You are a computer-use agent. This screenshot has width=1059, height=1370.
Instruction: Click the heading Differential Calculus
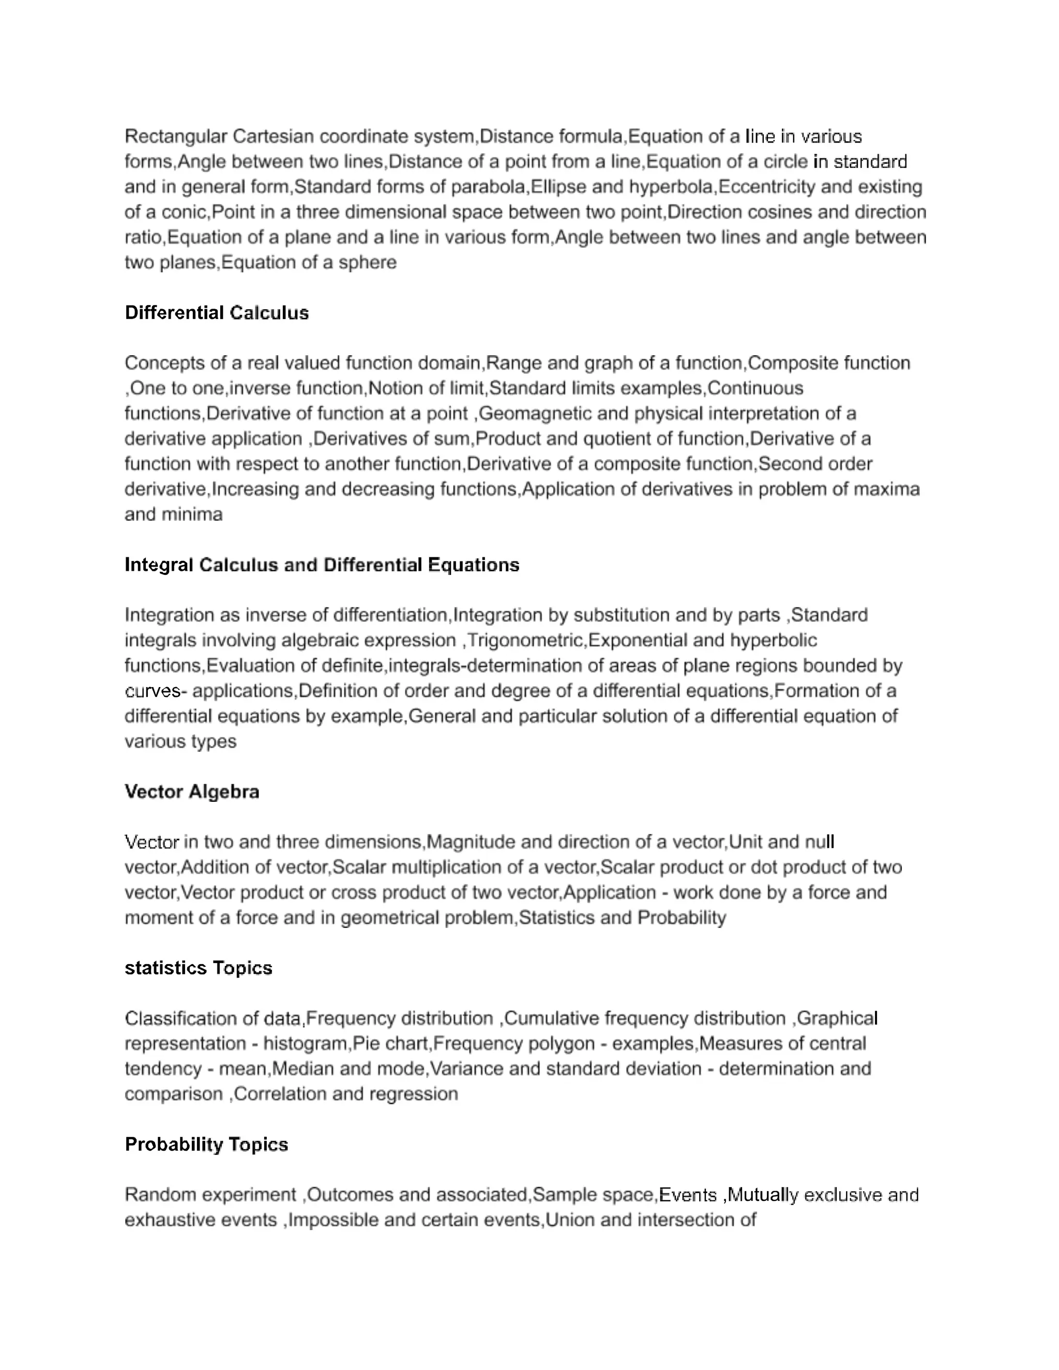pyautogui.click(x=217, y=312)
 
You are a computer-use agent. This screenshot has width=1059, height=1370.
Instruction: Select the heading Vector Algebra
pyautogui.click(x=192, y=791)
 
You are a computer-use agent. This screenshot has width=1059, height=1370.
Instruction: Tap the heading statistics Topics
pyautogui.click(x=198, y=968)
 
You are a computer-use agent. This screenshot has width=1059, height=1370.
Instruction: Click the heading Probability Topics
pyautogui.click(x=206, y=1144)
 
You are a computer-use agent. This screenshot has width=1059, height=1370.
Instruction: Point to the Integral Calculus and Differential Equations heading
pyautogui.click(x=322, y=565)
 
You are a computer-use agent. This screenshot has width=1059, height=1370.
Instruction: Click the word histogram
pyautogui.click(x=305, y=1043)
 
